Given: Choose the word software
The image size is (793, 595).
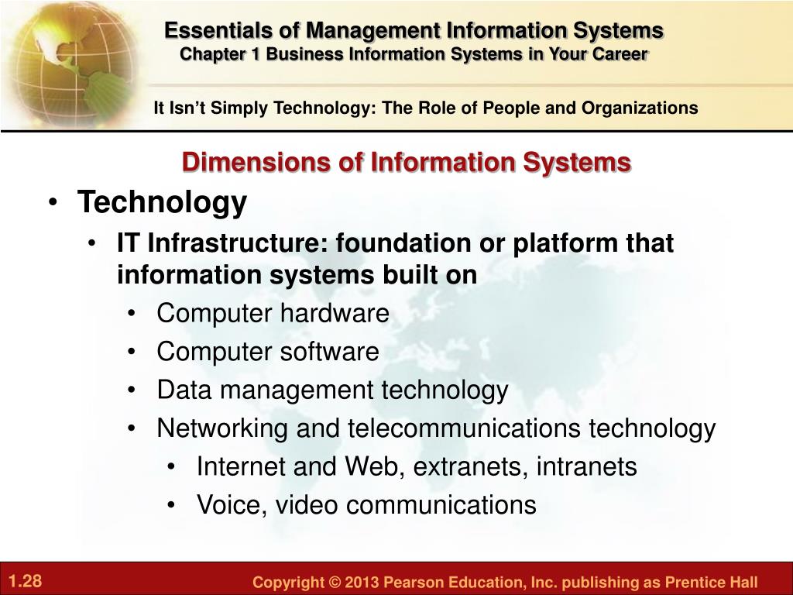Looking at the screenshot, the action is click(x=329, y=352).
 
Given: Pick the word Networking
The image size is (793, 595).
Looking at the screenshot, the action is click(x=222, y=429).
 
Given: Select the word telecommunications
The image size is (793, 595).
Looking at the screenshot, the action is click(x=464, y=428).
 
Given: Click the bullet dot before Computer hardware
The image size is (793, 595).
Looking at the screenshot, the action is click(x=132, y=314).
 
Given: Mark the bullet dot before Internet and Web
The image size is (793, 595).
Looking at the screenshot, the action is click(x=172, y=467).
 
